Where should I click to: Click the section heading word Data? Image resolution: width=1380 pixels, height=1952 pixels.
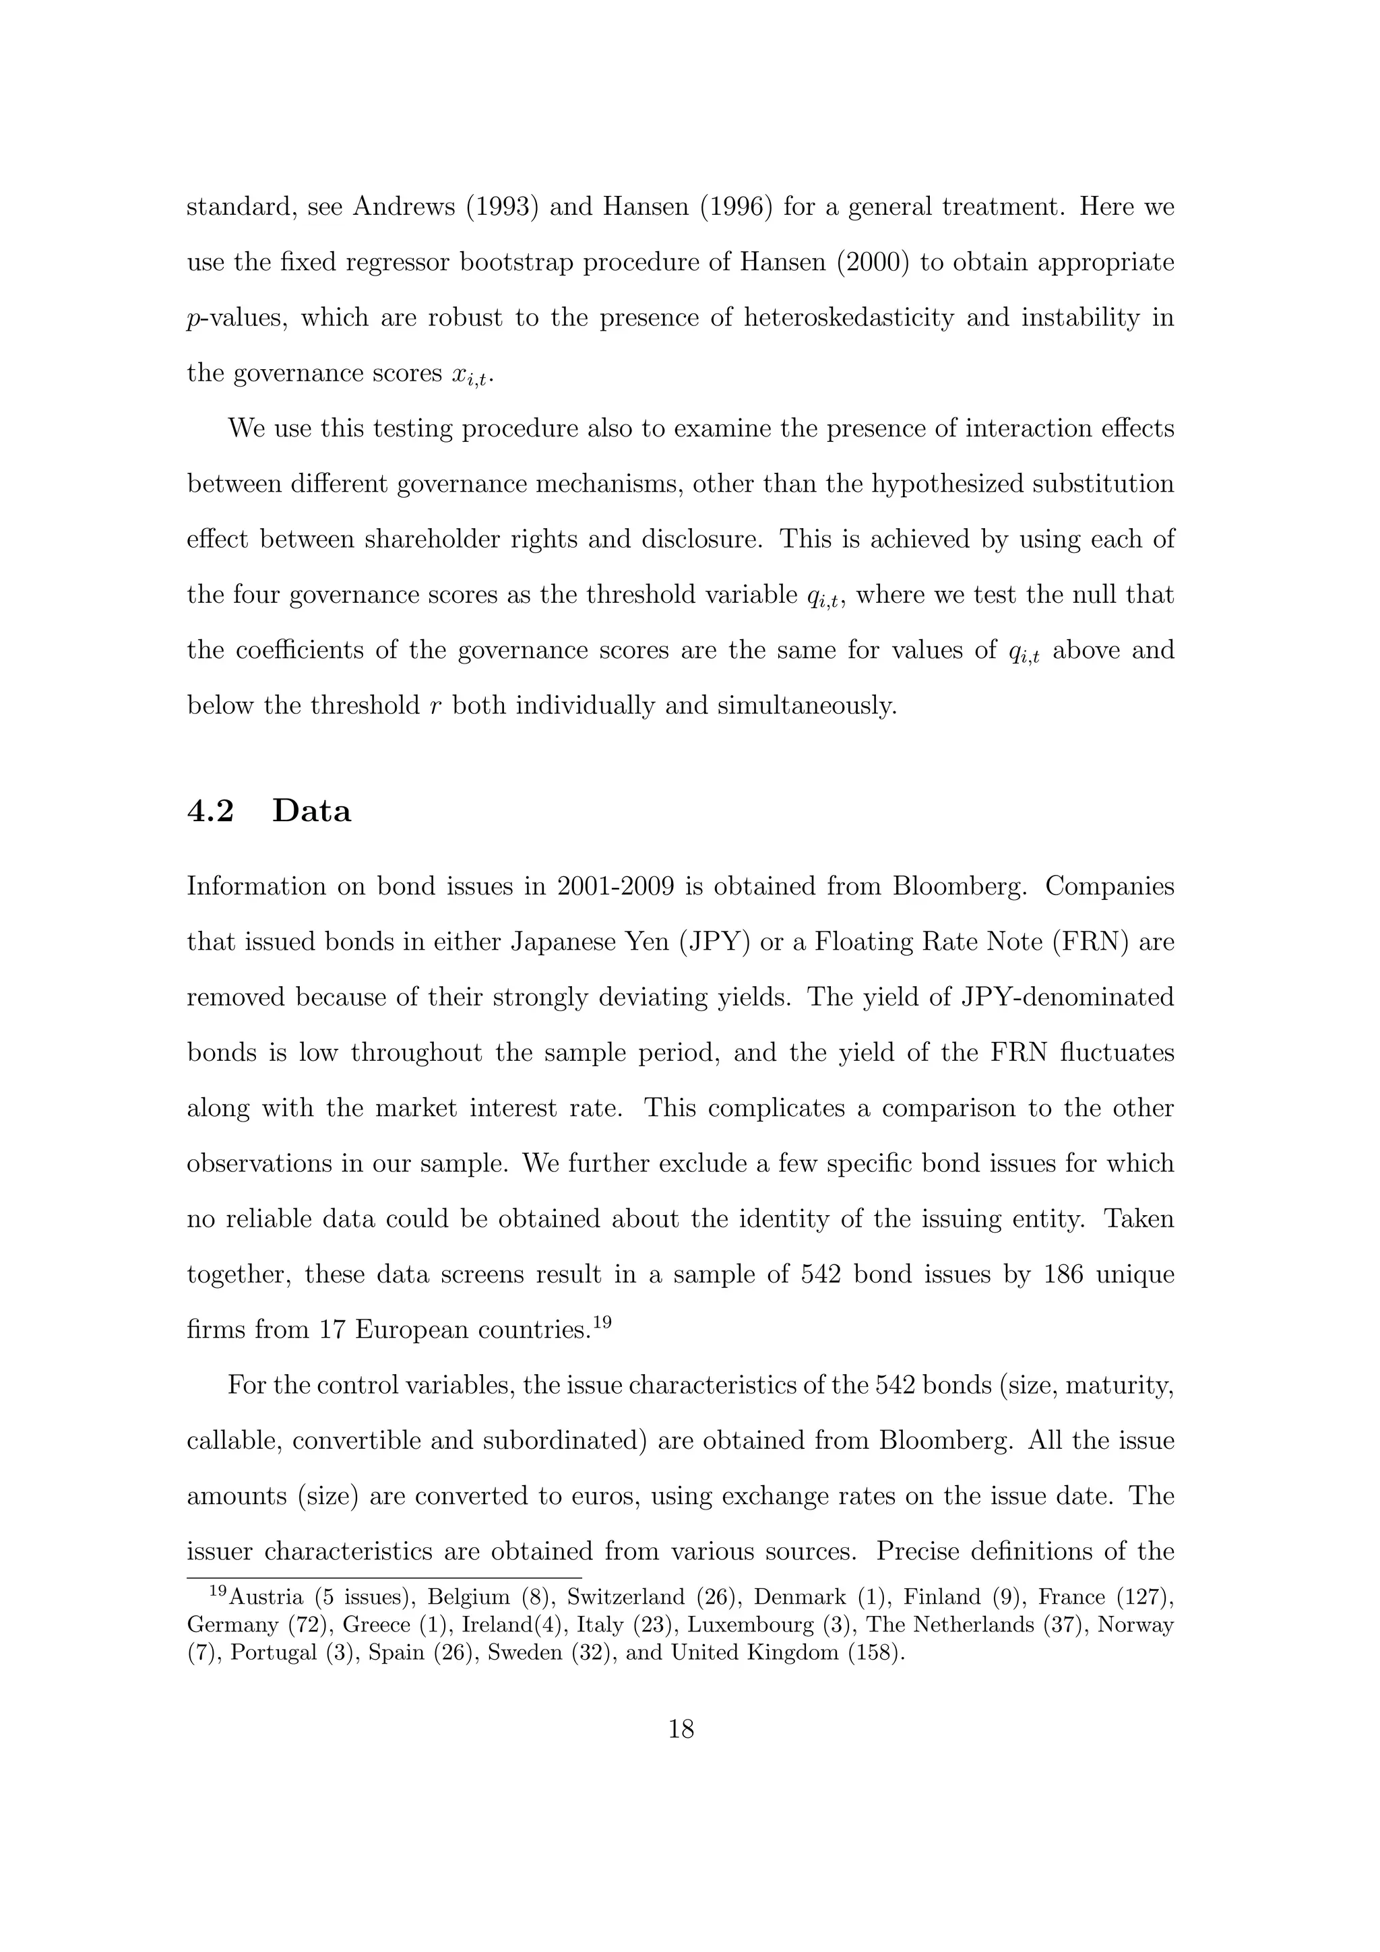tap(311, 811)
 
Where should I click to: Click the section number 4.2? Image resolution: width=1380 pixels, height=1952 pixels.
tap(210, 811)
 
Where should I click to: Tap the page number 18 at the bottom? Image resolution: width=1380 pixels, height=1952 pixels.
tap(681, 1729)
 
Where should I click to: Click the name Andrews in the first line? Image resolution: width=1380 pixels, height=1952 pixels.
tap(404, 207)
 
